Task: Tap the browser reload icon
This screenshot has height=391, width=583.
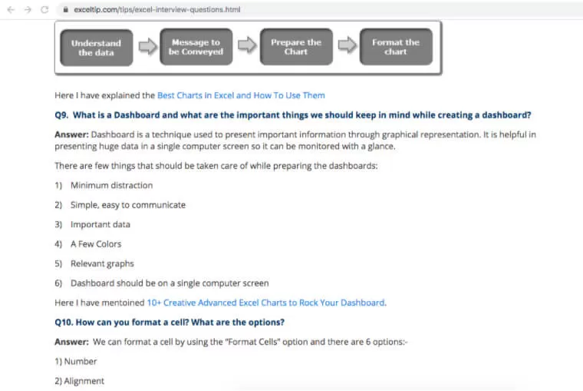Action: pyautogui.click(x=44, y=9)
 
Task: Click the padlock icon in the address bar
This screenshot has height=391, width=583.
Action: pyautogui.click(x=65, y=9)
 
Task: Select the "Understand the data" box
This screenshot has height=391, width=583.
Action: pyautogui.click(x=96, y=48)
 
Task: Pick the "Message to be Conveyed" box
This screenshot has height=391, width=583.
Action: pyautogui.click(x=196, y=47)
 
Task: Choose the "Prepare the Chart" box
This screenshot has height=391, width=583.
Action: pyautogui.click(x=295, y=47)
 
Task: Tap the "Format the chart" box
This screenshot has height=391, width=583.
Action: pyautogui.click(x=396, y=47)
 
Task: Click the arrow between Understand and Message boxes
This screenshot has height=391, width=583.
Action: pyautogui.click(x=147, y=47)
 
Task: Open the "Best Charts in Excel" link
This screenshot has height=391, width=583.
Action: pyautogui.click(x=241, y=95)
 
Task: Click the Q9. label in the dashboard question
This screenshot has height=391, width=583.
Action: pyautogui.click(x=62, y=115)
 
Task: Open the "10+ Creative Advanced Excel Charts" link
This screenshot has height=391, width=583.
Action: pyautogui.click(x=265, y=303)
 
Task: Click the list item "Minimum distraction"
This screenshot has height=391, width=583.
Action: pyautogui.click(x=111, y=185)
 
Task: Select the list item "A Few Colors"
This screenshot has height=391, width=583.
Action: pyautogui.click(x=96, y=244)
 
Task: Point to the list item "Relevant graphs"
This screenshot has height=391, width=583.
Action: pyautogui.click(x=102, y=263)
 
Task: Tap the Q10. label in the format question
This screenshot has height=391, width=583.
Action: pyautogui.click(x=65, y=322)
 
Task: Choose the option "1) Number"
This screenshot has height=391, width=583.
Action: pyautogui.click(x=76, y=361)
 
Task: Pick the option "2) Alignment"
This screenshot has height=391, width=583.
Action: pyautogui.click(x=80, y=380)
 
